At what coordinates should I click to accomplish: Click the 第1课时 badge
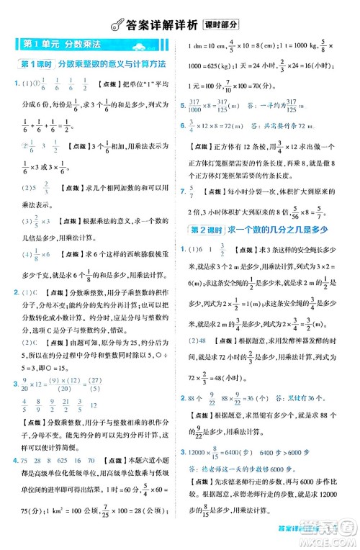point(34,63)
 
